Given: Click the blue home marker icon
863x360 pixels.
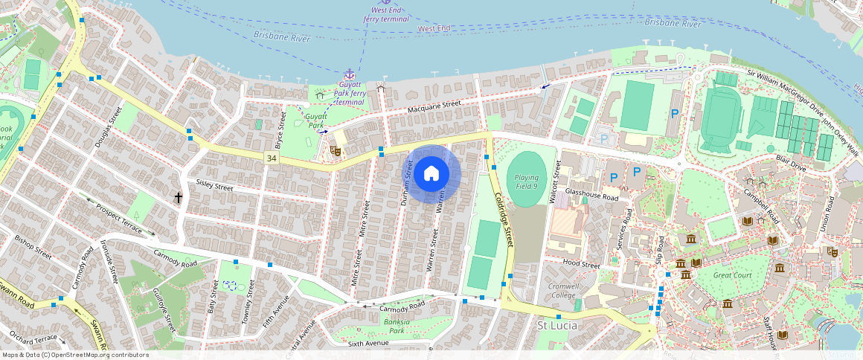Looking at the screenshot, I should (x=431, y=174).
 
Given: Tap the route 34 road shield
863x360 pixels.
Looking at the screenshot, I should (x=272, y=158).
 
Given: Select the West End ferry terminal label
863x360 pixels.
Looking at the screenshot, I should (x=386, y=15).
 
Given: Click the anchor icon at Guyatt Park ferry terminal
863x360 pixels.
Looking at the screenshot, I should (x=348, y=74).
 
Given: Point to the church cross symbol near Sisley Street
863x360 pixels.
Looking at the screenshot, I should (x=178, y=197).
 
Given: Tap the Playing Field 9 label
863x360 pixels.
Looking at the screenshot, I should (x=526, y=182).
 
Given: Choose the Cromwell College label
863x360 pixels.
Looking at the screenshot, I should (x=563, y=290).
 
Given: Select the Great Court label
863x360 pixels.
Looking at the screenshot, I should (x=733, y=274).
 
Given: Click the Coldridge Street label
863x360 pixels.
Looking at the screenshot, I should (x=504, y=216).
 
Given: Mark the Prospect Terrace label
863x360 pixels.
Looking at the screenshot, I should (x=120, y=215).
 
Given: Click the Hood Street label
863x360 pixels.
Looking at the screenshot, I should (x=581, y=264).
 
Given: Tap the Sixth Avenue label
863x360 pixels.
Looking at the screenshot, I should (x=369, y=344).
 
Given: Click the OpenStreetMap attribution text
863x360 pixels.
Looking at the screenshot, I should (x=75, y=355).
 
